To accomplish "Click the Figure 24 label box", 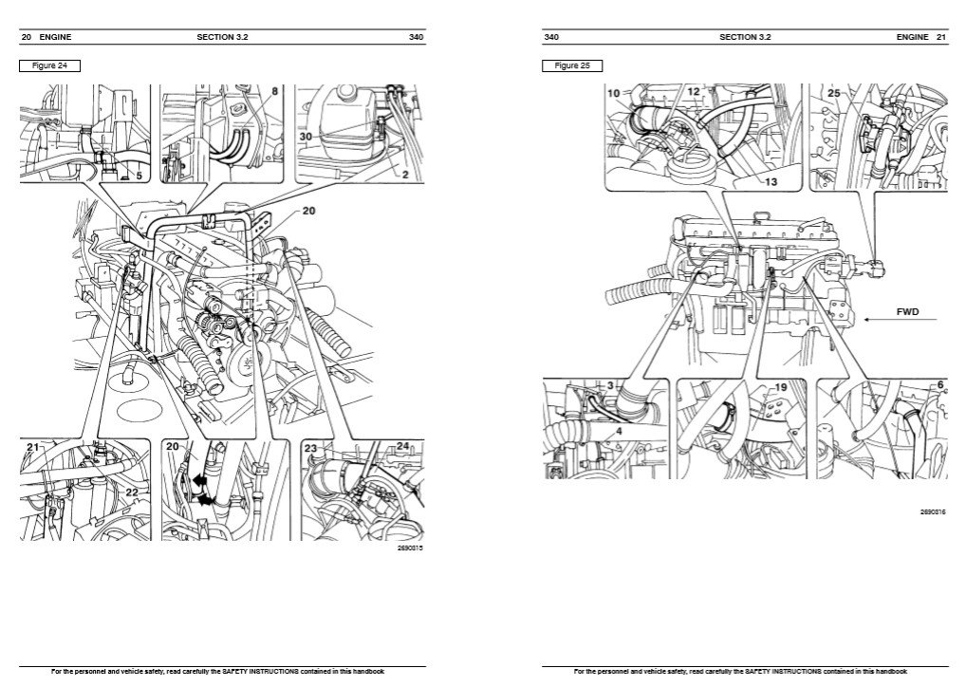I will click(49, 66).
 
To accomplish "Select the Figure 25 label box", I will click(572, 66).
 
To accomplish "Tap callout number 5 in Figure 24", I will click(139, 176).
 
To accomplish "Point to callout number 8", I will click(274, 92).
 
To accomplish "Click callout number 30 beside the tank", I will click(306, 137).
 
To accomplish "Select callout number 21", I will click(32, 446).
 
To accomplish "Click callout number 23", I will click(310, 447).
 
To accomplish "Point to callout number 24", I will click(402, 446).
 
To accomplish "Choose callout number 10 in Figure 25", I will click(614, 93).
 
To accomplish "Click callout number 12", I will click(694, 92).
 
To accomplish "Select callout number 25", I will click(833, 93).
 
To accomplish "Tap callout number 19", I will click(781, 388).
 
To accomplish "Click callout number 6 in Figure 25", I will click(939, 385).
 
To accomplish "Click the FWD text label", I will click(908, 310).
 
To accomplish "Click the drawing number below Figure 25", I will click(933, 511).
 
